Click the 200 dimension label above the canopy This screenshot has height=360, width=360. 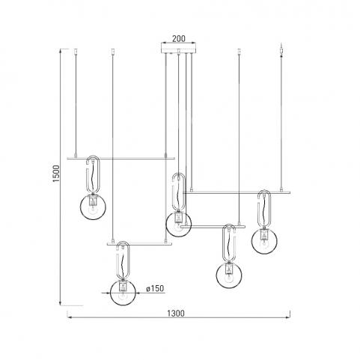point(179,39)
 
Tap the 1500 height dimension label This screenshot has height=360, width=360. point(57,174)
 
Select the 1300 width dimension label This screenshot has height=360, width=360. point(176,313)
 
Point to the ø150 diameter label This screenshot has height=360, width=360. point(155,288)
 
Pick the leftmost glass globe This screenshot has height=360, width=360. point(93,207)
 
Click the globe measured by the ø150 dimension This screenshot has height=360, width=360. point(123,293)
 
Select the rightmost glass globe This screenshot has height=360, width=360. point(264,241)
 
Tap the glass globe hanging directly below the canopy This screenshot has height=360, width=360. point(179,224)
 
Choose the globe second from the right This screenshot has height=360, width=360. point(229,275)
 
